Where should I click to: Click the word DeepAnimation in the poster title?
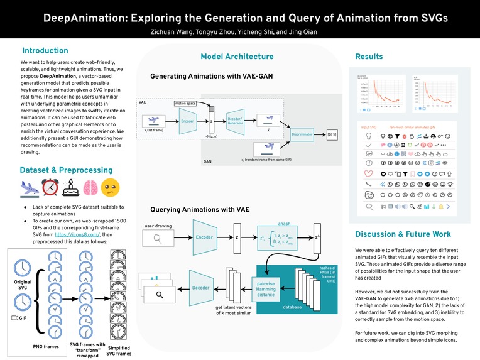click(81, 19)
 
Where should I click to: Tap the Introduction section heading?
click(45, 50)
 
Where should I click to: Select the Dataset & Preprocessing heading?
click(66, 170)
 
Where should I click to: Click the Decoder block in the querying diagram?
click(201, 288)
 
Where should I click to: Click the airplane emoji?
click(30, 188)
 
